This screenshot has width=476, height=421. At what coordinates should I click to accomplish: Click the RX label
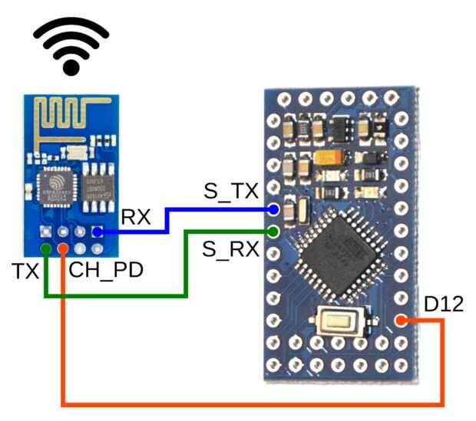(x=136, y=216)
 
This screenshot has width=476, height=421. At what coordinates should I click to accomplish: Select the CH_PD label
(x=104, y=271)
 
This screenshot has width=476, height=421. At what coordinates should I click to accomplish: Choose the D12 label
(x=443, y=304)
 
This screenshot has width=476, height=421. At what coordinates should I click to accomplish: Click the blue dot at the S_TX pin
(x=274, y=209)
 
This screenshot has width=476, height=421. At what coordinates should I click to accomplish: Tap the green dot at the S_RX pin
(x=274, y=231)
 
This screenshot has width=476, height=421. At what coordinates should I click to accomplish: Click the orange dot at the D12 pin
(x=400, y=321)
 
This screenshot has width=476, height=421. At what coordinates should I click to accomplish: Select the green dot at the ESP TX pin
(x=47, y=248)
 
